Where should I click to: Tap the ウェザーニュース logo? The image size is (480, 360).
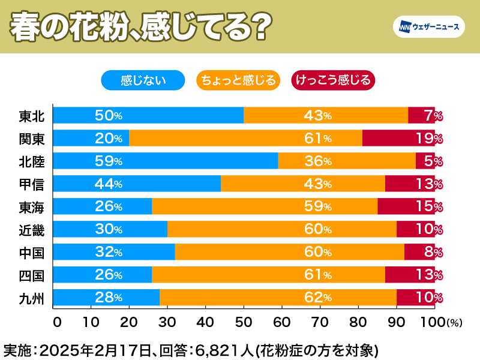click(x=428, y=27)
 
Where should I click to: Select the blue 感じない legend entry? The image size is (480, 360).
click(x=143, y=80)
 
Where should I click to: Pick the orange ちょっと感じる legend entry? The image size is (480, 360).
click(x=238, y=80)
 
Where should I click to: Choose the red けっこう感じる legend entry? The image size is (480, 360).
click(x=332, y=80)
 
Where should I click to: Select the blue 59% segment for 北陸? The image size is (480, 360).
click(x=165, y=161)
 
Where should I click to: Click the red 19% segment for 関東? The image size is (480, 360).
click(x=398, y=138)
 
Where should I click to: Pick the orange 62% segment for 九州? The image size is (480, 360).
click(x=278, y=298)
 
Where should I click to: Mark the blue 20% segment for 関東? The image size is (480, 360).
click(x=91, y=138)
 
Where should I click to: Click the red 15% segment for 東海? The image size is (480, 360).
click(x=406, y=206)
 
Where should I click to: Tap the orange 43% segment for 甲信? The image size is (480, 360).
click(x=303, y=184)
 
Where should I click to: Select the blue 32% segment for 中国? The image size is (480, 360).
click(x=114, y=252)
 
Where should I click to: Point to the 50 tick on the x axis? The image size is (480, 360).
click(x=244, y=322)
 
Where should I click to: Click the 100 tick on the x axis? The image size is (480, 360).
click(x=434, y=322)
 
